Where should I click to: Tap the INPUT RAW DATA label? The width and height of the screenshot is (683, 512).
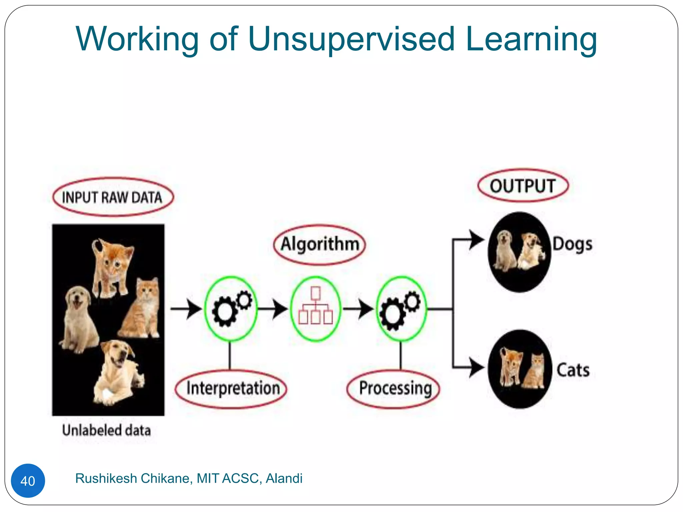point(113,197)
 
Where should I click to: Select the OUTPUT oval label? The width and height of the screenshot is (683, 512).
point(523,186)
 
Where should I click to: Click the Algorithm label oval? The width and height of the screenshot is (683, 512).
point(319,244)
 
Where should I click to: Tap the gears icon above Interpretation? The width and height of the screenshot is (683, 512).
point(231,309)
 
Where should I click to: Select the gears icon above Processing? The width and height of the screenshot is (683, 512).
point(401,309)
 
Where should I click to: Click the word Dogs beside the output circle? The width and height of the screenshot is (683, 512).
point(572,244)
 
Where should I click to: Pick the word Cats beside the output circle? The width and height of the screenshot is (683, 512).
point(573,370)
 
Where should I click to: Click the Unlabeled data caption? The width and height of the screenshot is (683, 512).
point(106,430)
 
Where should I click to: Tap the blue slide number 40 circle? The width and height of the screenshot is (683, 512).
point(28,481)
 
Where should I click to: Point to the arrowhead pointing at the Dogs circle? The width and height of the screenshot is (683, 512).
point(476,240)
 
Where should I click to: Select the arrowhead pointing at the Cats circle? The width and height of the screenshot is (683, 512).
point(476,368)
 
